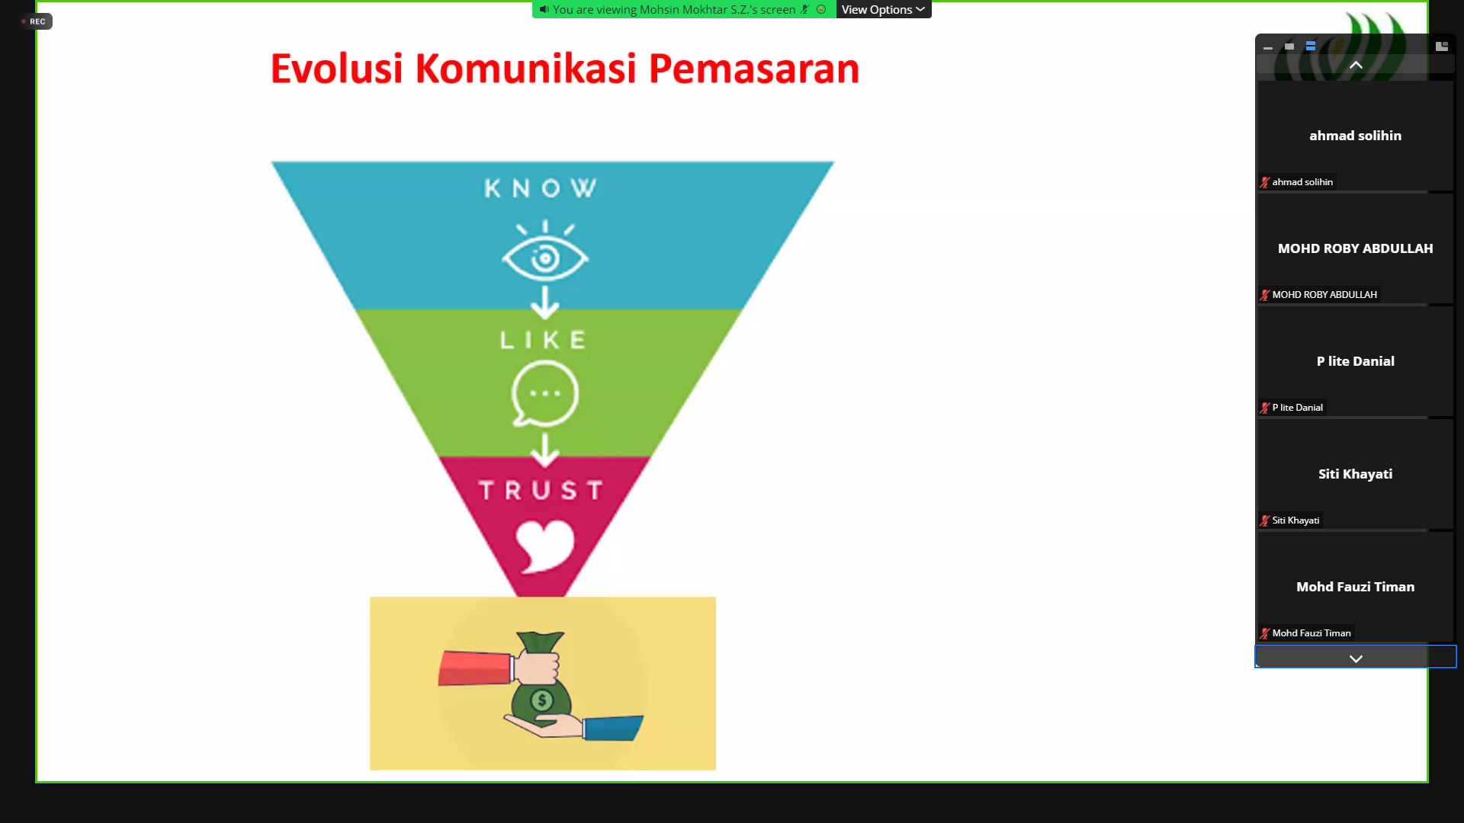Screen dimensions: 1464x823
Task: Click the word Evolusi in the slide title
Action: click(x=336, y=69)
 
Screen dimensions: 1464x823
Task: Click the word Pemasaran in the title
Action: click(x=753, y=69)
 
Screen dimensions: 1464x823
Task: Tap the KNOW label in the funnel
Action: click(x=541, y=188)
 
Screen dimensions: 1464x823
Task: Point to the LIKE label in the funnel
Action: click(x=543, y=340)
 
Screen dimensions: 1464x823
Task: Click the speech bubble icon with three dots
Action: click(x=544, y=394)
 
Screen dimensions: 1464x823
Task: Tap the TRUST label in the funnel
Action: click(x=541, y=490)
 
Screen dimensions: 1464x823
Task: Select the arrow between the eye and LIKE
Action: click(x=544, y=303)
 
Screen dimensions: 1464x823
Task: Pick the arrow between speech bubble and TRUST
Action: click(x=544, y=450)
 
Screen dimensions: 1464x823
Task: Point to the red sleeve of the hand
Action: click(x=474, y=667)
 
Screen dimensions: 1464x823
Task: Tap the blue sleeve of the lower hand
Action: click(x=612, y=728)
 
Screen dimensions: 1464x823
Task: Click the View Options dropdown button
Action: click(x=883, y=10)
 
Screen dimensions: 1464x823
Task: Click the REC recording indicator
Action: click(x=34, y=21)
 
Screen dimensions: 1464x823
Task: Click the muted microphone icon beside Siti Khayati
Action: click(x=1265, y=520)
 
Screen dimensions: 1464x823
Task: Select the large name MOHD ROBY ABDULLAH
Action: click(x=1355, y=248)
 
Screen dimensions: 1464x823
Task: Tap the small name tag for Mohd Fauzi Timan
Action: click(x=1311, y=633)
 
